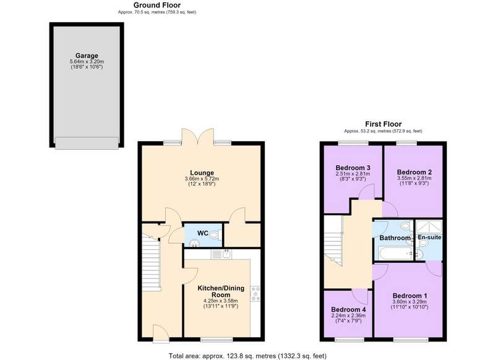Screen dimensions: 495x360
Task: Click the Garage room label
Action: click(x=87, y=56)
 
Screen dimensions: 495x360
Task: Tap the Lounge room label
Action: click(x=202, y=173)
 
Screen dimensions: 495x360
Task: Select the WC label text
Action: click(x=203, y=233)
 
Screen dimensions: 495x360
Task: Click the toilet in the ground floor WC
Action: click(x=215, y=234)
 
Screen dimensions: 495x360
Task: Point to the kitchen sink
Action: click(x=221, y=254)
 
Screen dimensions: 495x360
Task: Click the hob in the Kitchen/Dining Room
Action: click(x=256, y=294)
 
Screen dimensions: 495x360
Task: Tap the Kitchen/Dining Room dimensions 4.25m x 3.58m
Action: click(x=221, y=301)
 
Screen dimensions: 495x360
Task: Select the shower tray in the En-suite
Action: click(x=429, y=226)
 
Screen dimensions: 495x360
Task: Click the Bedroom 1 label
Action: click(x=410, y=296)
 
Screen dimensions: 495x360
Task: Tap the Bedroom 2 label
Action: click(x=414, y=173)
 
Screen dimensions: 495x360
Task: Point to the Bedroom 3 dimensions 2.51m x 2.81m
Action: click(x=353, y=174)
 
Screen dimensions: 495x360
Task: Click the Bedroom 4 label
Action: click(x=348, y=310)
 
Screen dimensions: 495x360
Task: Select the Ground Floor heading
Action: click(x=157, y=5)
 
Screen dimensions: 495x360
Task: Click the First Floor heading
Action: click(x=383, y=124)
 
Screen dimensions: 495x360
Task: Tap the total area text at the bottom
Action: click(x=247, y=356)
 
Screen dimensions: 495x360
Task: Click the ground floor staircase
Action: click(x=150, y=262)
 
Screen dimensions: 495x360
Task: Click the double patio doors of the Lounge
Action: click(x=197, y=136)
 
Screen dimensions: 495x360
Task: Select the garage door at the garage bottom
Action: click(x=87, y=143)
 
